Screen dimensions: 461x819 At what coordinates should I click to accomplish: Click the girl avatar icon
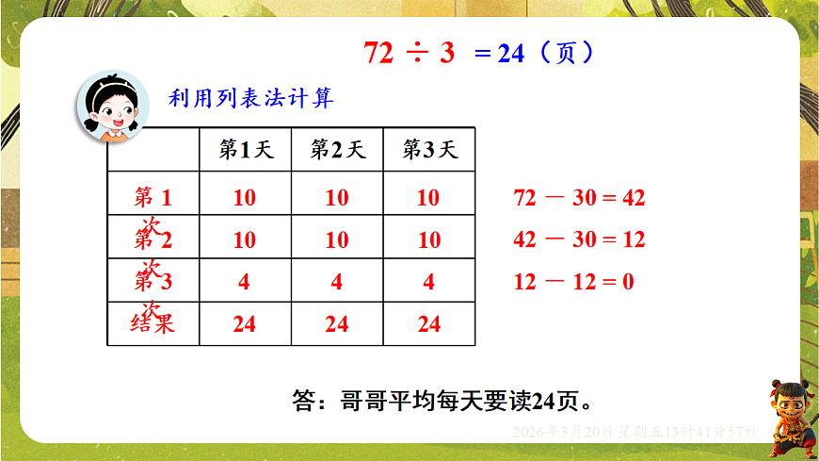pos(111,107)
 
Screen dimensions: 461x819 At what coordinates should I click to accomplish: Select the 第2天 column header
pos(337,149)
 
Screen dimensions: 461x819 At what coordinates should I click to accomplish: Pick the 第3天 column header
pos(429,149)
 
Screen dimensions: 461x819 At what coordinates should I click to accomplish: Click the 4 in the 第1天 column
pos(244,282)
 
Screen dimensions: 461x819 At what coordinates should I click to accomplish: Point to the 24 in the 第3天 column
pos(428,324)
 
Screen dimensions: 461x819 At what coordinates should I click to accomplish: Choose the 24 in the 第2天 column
pos(336,324)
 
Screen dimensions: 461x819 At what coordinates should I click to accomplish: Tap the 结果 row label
pos(153,324)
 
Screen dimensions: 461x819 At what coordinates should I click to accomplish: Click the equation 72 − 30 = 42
pos(579,198)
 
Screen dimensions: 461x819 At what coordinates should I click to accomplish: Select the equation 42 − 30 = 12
pos(579,239)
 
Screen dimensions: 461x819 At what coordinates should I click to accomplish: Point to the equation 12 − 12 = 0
pos(573,282)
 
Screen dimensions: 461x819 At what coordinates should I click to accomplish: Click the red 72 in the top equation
pos(378,54)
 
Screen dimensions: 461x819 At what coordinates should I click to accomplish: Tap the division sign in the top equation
pos(415,54)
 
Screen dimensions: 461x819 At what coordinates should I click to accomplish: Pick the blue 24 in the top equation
pos(510,54)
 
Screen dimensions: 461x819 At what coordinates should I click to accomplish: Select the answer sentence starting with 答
pos(442,400)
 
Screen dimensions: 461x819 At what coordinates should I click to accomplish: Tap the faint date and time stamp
pos(634,432)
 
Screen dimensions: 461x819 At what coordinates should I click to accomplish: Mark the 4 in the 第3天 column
pos(428,282)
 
